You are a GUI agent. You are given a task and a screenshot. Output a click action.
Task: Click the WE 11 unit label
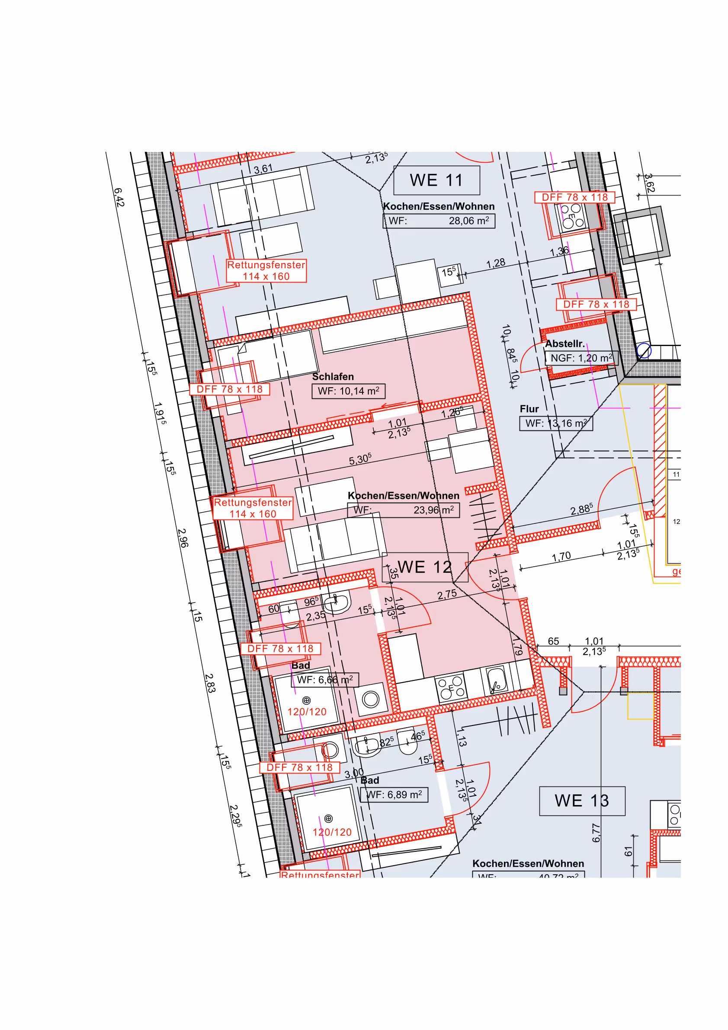coord(436,180)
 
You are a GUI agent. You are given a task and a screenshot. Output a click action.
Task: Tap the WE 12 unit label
coord(424,567)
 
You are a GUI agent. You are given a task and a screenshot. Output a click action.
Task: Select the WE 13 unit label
coord(581,801)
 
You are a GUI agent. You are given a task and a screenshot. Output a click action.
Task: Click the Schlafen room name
coord(333,377)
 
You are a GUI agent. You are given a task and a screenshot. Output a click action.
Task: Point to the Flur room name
coord(529,409)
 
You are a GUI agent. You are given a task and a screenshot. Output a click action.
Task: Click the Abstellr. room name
coord(565,344)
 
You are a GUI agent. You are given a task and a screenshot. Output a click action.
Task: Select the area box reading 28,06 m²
coord(438,221)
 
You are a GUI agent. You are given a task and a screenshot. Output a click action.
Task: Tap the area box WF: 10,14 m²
coord(348,391)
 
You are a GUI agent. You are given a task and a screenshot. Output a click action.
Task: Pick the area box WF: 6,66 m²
coord(324,680)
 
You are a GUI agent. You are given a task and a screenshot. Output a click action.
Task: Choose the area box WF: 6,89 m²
coord(394,795)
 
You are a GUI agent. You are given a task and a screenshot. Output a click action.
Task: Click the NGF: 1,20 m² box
coord(581,358)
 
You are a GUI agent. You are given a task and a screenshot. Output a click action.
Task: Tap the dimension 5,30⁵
coord(360,459)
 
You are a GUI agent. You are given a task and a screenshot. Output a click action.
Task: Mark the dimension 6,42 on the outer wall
coord(119,197)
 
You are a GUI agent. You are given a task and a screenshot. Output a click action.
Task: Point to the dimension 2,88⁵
coord(581,510)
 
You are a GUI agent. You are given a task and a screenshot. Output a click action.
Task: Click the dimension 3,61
coord(263,169)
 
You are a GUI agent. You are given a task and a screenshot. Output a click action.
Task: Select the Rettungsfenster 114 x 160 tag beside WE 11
coord(266,270)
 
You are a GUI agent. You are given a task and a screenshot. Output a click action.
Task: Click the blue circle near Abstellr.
coord(644,351)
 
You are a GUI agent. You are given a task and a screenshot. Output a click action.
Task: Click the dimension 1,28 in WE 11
coord(496,263)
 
